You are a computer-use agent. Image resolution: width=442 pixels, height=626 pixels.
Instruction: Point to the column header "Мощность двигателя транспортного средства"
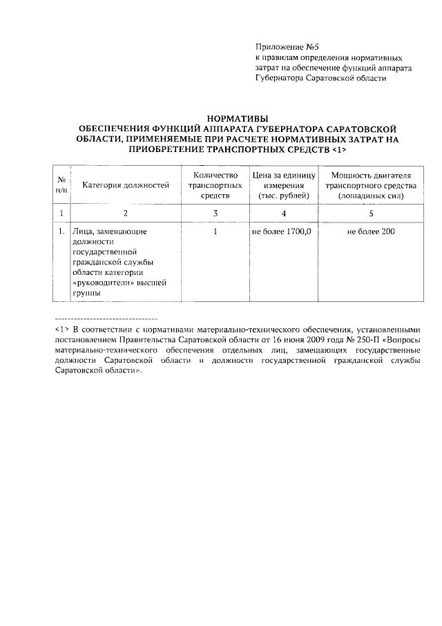point(371,186)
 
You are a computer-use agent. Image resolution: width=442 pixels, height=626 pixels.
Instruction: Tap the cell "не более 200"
point(371,231)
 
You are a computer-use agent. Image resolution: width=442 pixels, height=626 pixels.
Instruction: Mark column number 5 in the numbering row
point(371,213)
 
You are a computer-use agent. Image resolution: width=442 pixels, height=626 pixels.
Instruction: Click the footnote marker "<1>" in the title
point(338,149)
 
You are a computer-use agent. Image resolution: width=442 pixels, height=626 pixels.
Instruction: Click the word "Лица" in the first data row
point(82,231)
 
